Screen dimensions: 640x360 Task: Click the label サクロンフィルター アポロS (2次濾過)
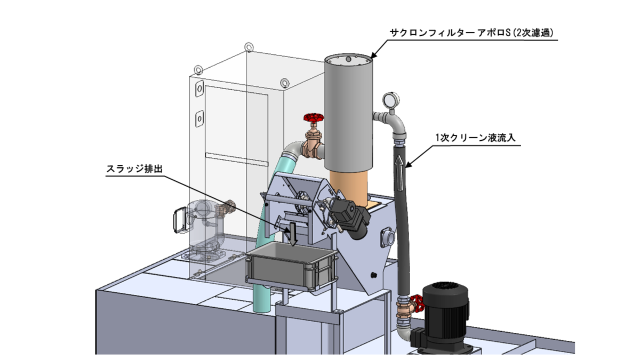click(471, 33)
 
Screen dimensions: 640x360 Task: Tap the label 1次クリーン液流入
click(475, 138)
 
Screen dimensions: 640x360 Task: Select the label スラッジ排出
click(134, 169)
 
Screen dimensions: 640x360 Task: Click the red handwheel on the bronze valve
click(314, 117)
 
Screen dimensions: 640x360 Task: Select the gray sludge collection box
click(291, 267)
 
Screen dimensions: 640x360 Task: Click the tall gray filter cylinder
click(349, 113)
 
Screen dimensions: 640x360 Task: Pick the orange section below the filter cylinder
click(348, 187)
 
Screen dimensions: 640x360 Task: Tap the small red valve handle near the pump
click(418, 303)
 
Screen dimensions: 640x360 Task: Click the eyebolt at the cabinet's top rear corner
click(249, 47)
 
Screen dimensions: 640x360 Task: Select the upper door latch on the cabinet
click(199, 89)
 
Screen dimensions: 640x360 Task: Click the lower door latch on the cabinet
click(199, 118)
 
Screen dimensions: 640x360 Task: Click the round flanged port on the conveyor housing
click(388, 237)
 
